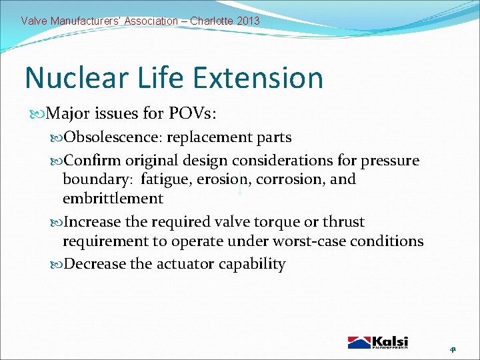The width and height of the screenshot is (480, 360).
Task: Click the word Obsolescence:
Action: point(113,137)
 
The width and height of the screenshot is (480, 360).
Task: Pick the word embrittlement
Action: point(113,198)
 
